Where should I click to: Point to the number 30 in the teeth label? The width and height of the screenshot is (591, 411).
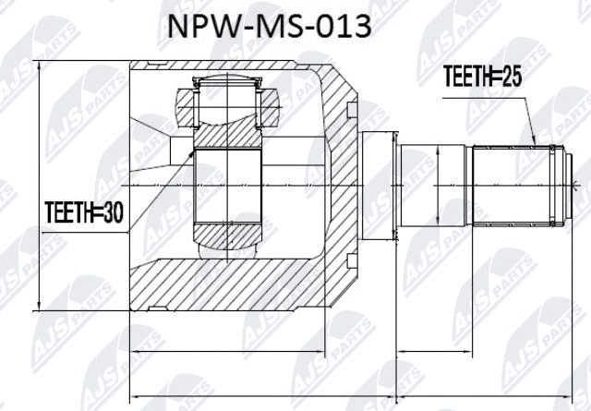tap(114, 215)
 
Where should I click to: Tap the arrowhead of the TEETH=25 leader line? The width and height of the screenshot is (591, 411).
tap(537, 144)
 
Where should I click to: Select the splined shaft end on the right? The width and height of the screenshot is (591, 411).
tap(517, 187)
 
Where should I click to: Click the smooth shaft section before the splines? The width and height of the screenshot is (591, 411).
tap(434, 187)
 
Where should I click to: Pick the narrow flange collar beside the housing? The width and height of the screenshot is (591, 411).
tap(379, 187)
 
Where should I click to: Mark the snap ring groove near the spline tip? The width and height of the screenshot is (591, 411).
tap(553, 187)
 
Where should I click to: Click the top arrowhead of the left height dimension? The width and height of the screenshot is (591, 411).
tap(40, 66)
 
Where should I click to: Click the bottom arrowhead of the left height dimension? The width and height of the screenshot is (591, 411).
tap(40, 308)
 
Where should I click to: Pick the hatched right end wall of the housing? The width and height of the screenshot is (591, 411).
tap(337, 185)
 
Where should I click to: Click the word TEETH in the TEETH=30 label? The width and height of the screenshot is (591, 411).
tap(69, 215)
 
